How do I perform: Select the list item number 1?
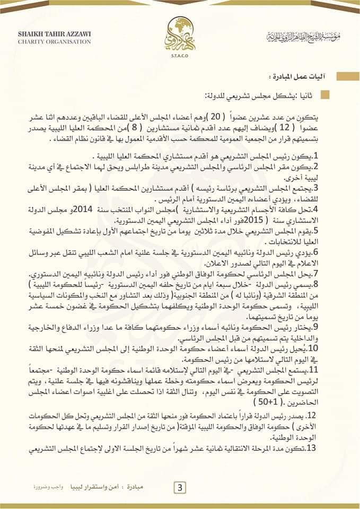pyautogui.click(x=329, y=157)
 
